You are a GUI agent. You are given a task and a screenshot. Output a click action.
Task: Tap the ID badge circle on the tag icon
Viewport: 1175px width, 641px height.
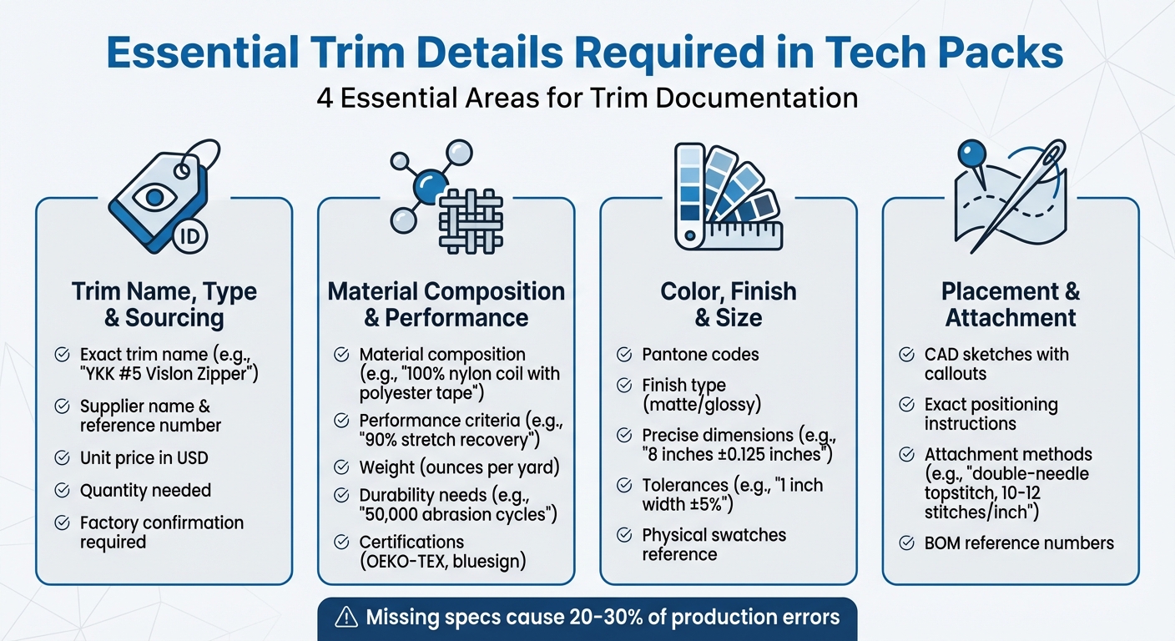click(191, 236)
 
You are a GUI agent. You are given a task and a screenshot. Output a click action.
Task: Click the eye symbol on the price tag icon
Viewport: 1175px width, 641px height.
click(154, 197)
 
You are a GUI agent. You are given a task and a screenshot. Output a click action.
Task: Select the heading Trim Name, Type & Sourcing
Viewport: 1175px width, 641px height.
click(164, 305)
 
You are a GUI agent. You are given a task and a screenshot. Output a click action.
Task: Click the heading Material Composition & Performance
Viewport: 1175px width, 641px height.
click(446, 305)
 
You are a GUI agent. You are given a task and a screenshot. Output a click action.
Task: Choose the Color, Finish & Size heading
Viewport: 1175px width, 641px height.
click(729, 305)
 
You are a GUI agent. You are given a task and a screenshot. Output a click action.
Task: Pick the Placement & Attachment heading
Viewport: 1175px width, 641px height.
click(1011, 305)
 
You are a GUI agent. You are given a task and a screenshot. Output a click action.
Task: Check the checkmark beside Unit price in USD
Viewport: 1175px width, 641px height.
click(62, 458)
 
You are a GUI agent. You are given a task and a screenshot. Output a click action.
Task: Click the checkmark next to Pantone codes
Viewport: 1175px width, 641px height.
click(623, 355)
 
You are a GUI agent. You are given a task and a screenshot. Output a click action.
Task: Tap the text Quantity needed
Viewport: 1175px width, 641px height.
click(145, 491)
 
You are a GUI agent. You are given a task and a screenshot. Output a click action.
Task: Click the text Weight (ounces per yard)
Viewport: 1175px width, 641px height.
click(459, 467)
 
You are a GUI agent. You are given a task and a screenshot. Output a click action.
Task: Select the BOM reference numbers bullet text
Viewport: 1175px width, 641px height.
click(1019, 543)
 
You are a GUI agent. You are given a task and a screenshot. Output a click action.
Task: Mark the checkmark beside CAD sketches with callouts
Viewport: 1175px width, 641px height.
click(906, 355)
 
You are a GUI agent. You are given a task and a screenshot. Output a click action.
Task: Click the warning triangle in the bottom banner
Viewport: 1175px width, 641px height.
click(345, 618)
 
